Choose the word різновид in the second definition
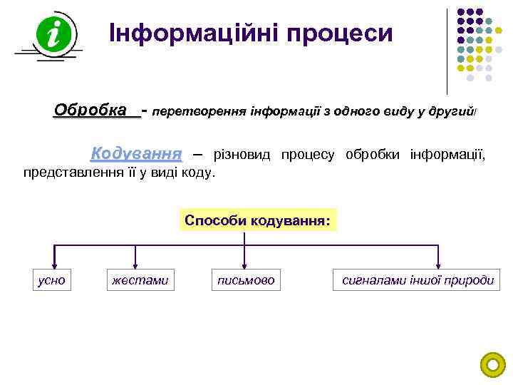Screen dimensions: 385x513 (242, 155)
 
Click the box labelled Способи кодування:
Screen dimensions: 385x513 (257, 220)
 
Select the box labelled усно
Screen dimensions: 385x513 (51, 280)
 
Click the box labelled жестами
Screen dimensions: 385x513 (140, 280)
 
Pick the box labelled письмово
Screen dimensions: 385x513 (246, 280)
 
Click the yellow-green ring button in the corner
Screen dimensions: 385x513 (492, 365)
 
